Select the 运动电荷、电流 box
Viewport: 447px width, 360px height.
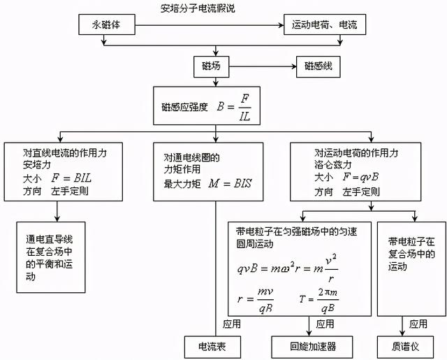coord(324,26)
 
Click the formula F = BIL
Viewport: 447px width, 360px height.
coord(71,179)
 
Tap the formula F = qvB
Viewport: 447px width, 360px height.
coord(369,179)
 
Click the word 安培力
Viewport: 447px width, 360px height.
coord(22,166)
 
